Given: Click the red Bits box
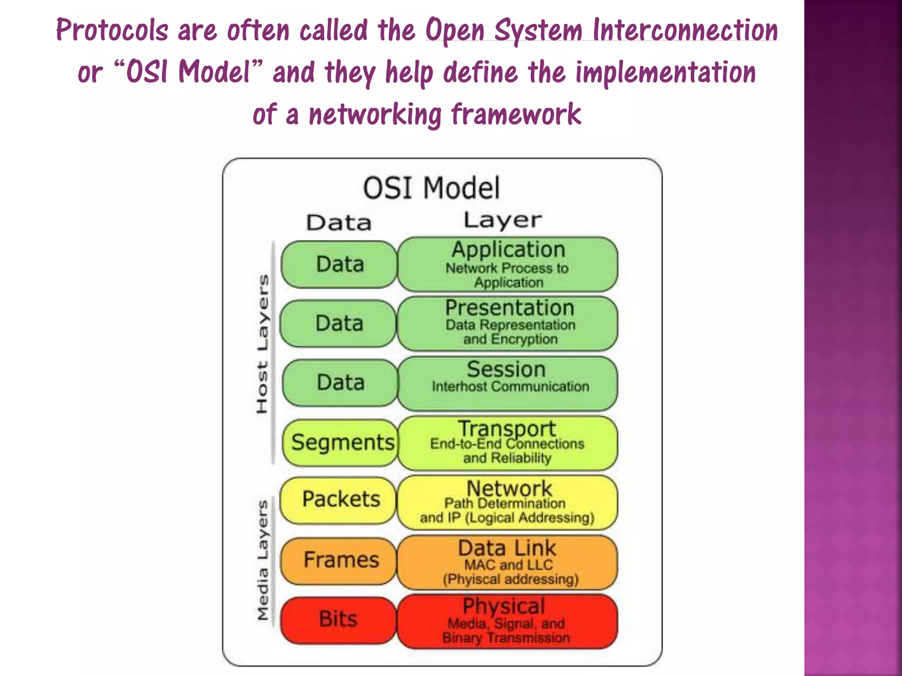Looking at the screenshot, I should tap(338, 620).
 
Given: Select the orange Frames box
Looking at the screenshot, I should tap(339, 560).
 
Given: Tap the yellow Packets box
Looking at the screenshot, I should tap(339, 500).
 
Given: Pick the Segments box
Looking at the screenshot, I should tap(340, 442).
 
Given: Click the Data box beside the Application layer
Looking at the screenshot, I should tap(340, 264).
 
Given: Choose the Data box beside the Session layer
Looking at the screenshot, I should tap(340, 382).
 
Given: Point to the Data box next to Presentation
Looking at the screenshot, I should tap(339, 323).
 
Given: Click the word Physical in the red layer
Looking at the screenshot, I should tap(504, 606).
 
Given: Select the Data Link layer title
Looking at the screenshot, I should tap(507, 548).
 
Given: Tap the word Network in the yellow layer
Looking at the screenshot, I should tap(509, 488).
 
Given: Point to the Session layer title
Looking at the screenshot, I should tap(506, 369).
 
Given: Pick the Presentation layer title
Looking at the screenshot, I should tap(510, 308).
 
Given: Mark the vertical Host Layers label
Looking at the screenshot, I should tap(262, 344).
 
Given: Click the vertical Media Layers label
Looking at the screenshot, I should tap(263, 560).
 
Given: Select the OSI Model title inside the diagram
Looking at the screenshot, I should tap(432, 188).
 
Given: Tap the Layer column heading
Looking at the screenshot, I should tap(503, 220).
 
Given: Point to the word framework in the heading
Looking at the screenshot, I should tap(516, 114).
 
